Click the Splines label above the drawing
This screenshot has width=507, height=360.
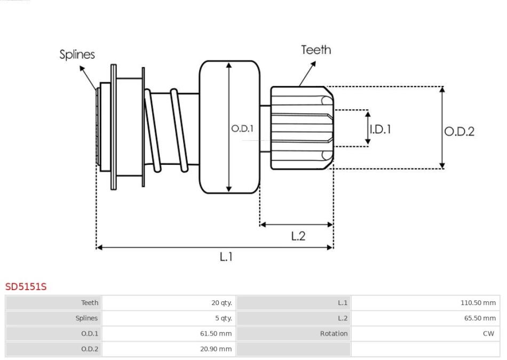point(77,54)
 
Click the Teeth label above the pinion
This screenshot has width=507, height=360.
point(316,50)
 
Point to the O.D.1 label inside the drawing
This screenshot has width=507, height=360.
point(242,129)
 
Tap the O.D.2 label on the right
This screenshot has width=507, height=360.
point(459,132)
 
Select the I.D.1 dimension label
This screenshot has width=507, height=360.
point(380,129)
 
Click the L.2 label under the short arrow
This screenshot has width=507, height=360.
point(298,236)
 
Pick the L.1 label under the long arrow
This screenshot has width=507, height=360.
point(226,257)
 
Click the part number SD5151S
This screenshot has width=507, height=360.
point(26,286)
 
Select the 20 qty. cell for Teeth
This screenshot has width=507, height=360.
point(221,303)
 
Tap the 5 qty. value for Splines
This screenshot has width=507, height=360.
point(224,318)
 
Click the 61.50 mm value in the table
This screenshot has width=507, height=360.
point(216,333)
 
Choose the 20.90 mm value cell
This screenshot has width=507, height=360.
point(216,349)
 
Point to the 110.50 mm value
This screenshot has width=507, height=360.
point(478,303)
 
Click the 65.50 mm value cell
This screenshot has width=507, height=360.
point(480,318)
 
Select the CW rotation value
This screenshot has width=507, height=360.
point(488,333)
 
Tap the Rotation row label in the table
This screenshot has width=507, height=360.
point(334,333)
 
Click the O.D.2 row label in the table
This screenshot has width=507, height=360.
point(90,349)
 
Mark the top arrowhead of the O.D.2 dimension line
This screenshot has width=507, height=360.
point(442,90)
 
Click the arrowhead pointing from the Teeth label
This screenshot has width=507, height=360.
point(313,64)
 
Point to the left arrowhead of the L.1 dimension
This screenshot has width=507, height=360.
point(100,247)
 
